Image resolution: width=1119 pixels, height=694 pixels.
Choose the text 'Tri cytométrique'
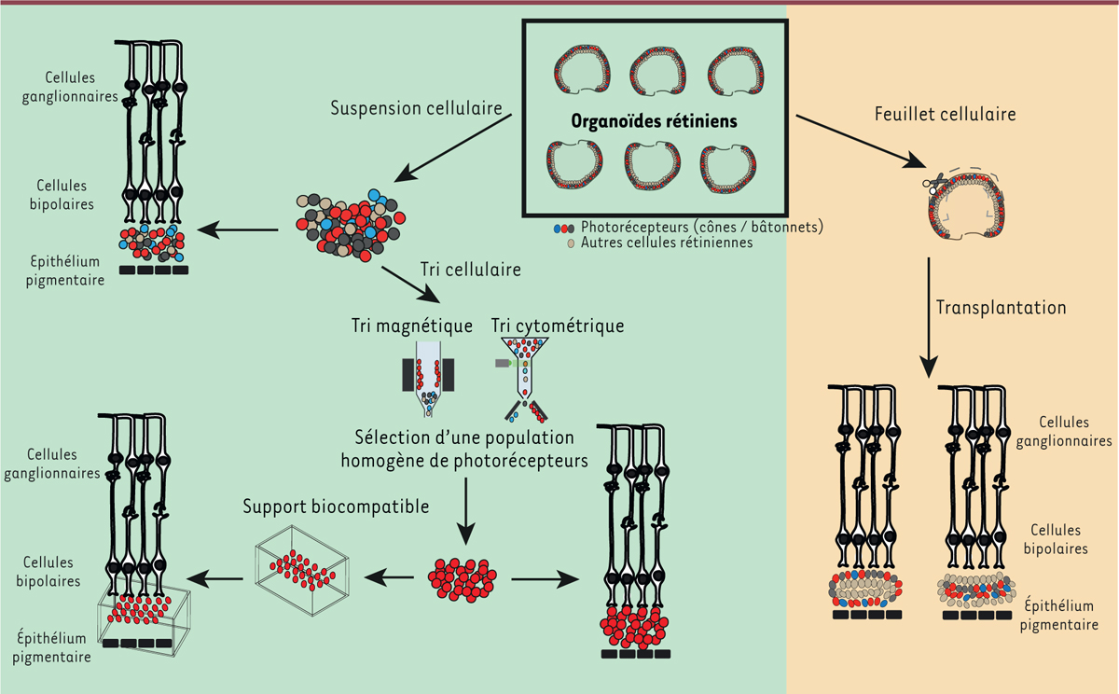tap(558, 326)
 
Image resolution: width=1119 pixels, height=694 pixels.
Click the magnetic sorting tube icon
tap(428, 379)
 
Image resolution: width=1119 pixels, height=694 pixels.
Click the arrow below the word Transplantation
tap(931, 317)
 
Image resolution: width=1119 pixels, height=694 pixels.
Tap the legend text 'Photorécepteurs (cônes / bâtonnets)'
tap(702, 226)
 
